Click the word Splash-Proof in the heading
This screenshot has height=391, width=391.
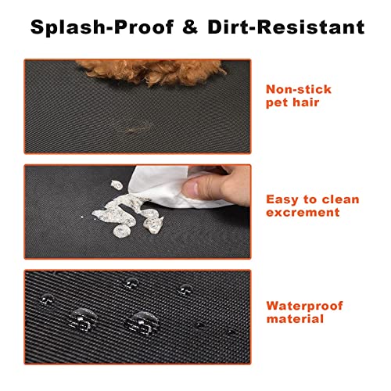tap(102, 27)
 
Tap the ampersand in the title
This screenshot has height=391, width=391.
tap(190, 27)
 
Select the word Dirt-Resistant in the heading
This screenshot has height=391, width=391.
tap(286, 27)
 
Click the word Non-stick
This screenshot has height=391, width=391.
tap(299, 89)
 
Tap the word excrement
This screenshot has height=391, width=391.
tap(303, 213)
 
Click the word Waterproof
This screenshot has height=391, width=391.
tap(304, 307)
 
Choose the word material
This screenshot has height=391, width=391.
tap(295, 319)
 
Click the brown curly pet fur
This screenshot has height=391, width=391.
tap(151, 70)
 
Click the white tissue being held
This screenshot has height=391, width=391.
tap(167, 185)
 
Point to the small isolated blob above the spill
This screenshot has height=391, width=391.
tap(117, 185)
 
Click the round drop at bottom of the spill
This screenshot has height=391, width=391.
tap(121, 231)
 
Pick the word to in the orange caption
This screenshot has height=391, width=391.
tap(310, 200)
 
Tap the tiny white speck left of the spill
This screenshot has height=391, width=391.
tap(82, 217)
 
